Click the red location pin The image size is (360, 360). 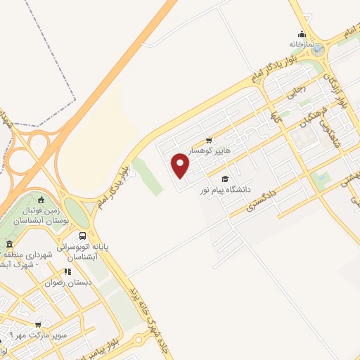(x=181, y=165)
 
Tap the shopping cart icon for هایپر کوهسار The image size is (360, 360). (x=209, y=141)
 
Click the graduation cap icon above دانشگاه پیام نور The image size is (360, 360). (x=225, y=179)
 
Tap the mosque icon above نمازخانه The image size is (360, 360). (x=302, y=34)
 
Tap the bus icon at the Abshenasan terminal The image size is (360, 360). (x=84, y=236)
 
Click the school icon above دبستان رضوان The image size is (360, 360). (x=67, y=271)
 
